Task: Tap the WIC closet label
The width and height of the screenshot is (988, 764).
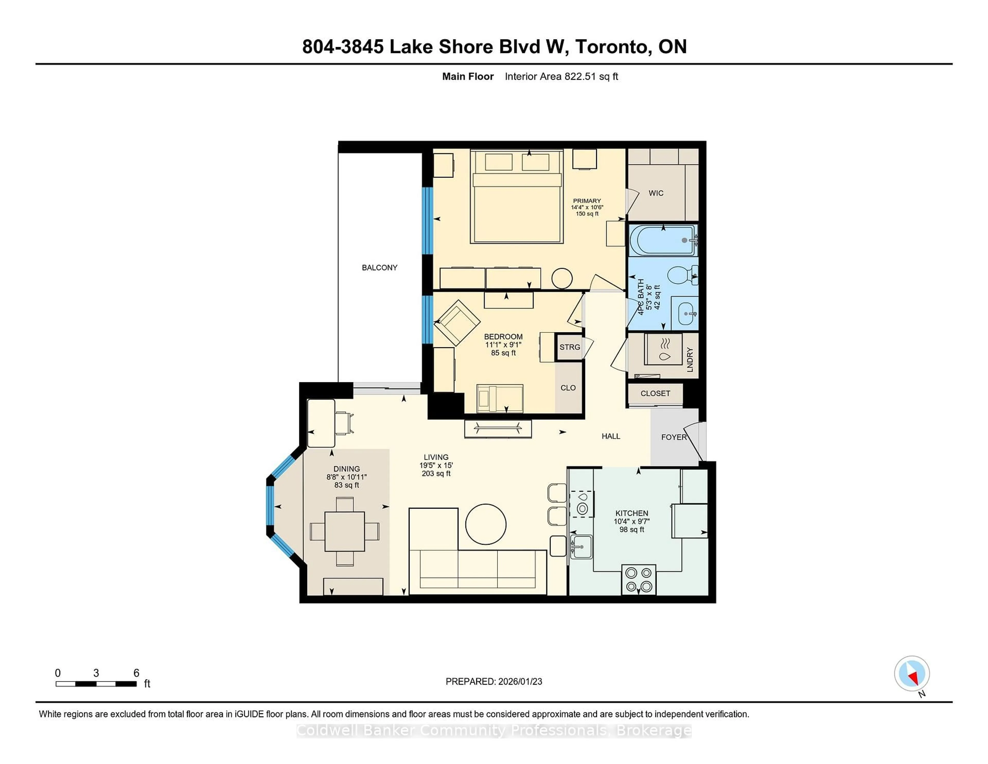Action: [x=656, y=193]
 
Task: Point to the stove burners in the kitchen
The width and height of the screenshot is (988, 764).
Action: [x=638, y=579]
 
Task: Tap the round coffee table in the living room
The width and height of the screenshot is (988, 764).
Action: [x=486, y=524]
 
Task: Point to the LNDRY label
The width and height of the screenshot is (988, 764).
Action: [x=690, y=360]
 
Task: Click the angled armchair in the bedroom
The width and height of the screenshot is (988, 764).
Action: [x=457, y=322]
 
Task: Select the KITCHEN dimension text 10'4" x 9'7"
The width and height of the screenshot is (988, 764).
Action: [x=632, y=522]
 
